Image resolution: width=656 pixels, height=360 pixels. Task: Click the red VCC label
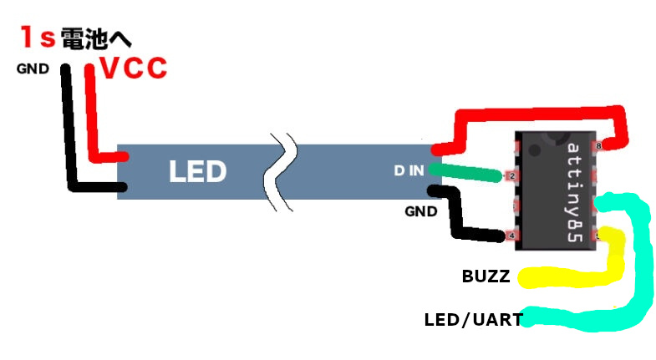click(134, 68)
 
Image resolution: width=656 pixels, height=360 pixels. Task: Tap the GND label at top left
click(33, 69)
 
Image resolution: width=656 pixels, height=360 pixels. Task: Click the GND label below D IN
click(420, 212)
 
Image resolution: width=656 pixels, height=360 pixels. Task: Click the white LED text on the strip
click(197, 172)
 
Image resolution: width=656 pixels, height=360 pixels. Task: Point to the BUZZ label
click(486, 276)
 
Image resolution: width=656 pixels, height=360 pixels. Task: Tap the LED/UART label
click(473, 319)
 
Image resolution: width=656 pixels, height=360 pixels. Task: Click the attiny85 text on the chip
click(574, 192)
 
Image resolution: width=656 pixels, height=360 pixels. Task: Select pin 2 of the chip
click(510, 176)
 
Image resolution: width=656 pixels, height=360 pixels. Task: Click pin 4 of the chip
click(510, 236)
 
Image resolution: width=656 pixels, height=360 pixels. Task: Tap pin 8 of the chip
click(595, 147)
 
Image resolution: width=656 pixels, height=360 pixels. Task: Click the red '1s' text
click(38, 38)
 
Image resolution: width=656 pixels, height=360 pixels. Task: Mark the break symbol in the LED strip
click(278, 171)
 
